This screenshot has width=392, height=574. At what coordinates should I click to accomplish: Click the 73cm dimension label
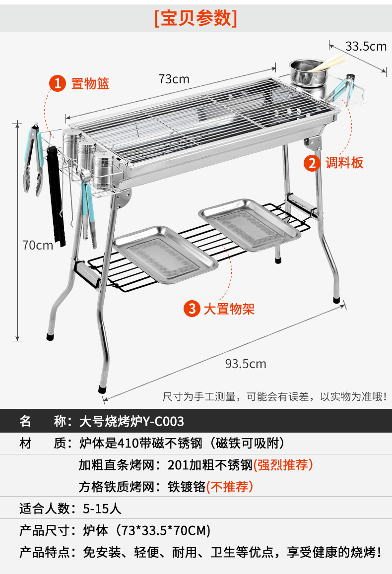[174, 79]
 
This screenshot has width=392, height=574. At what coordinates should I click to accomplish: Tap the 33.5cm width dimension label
[366, 46]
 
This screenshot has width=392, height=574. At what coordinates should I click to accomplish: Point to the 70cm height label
[37, 245]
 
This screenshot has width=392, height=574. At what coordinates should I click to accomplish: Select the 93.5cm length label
[246, 364]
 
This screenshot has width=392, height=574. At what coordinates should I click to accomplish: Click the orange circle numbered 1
[58, 83]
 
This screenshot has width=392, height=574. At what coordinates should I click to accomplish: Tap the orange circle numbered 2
[312, 163]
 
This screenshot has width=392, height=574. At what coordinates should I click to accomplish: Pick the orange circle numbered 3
[192, 309]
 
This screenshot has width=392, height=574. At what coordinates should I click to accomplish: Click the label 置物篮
[90, 83]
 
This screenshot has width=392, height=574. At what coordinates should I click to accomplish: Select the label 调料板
[344, 163]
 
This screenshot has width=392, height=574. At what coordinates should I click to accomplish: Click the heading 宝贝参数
[196, 18]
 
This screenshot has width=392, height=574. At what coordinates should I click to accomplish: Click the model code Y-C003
[163, 422]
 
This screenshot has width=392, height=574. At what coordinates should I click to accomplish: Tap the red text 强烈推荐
[283, 465]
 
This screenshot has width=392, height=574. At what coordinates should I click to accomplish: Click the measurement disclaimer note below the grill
[274, 396]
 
